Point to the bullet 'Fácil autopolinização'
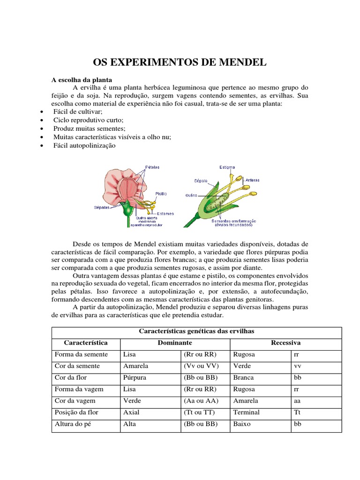84,145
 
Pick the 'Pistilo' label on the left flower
161,193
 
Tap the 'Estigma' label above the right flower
227,167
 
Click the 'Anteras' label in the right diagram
252,180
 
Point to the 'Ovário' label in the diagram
192,195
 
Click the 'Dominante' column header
174,343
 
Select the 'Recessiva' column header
286,343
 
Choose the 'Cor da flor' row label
71,377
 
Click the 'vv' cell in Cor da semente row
297,366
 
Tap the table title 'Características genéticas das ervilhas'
196,331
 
